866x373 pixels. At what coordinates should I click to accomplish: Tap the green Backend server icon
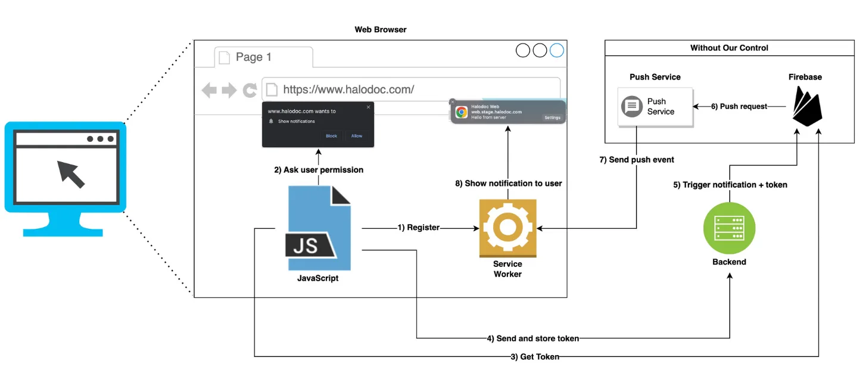click(x=729, y=228)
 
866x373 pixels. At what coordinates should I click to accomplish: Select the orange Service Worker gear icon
click(x=507, y=228)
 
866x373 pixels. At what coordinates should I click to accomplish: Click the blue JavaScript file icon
click(x=319, y=228)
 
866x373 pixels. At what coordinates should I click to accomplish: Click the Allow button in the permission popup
click(x=356, y=136)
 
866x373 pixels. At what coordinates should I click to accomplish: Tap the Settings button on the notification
click(x=552, y=118)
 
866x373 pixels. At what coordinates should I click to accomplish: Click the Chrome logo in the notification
click(x=462, y=112)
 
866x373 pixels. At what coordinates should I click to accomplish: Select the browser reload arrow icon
click(x=250, y=91)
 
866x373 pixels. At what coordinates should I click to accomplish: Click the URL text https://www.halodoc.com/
click(x=348, y=90)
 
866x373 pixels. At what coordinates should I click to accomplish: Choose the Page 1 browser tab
click(x=263, y=57)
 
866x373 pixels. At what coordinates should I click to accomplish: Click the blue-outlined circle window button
click(x=556, y=51)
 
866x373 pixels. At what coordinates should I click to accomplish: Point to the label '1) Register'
click(x=418, y=228)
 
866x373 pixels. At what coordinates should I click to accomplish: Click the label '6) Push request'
click(x=739, y=107)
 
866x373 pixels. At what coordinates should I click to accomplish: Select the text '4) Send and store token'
click(x=532, y=338)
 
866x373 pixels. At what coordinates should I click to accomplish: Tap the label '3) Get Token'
click(x=534, y=356)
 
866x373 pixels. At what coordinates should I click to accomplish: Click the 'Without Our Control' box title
click(x=729, y=48)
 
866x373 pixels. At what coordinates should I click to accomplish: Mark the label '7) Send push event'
click(x=637, y=160)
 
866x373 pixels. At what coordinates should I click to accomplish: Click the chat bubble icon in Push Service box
click(x=632, y=107)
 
